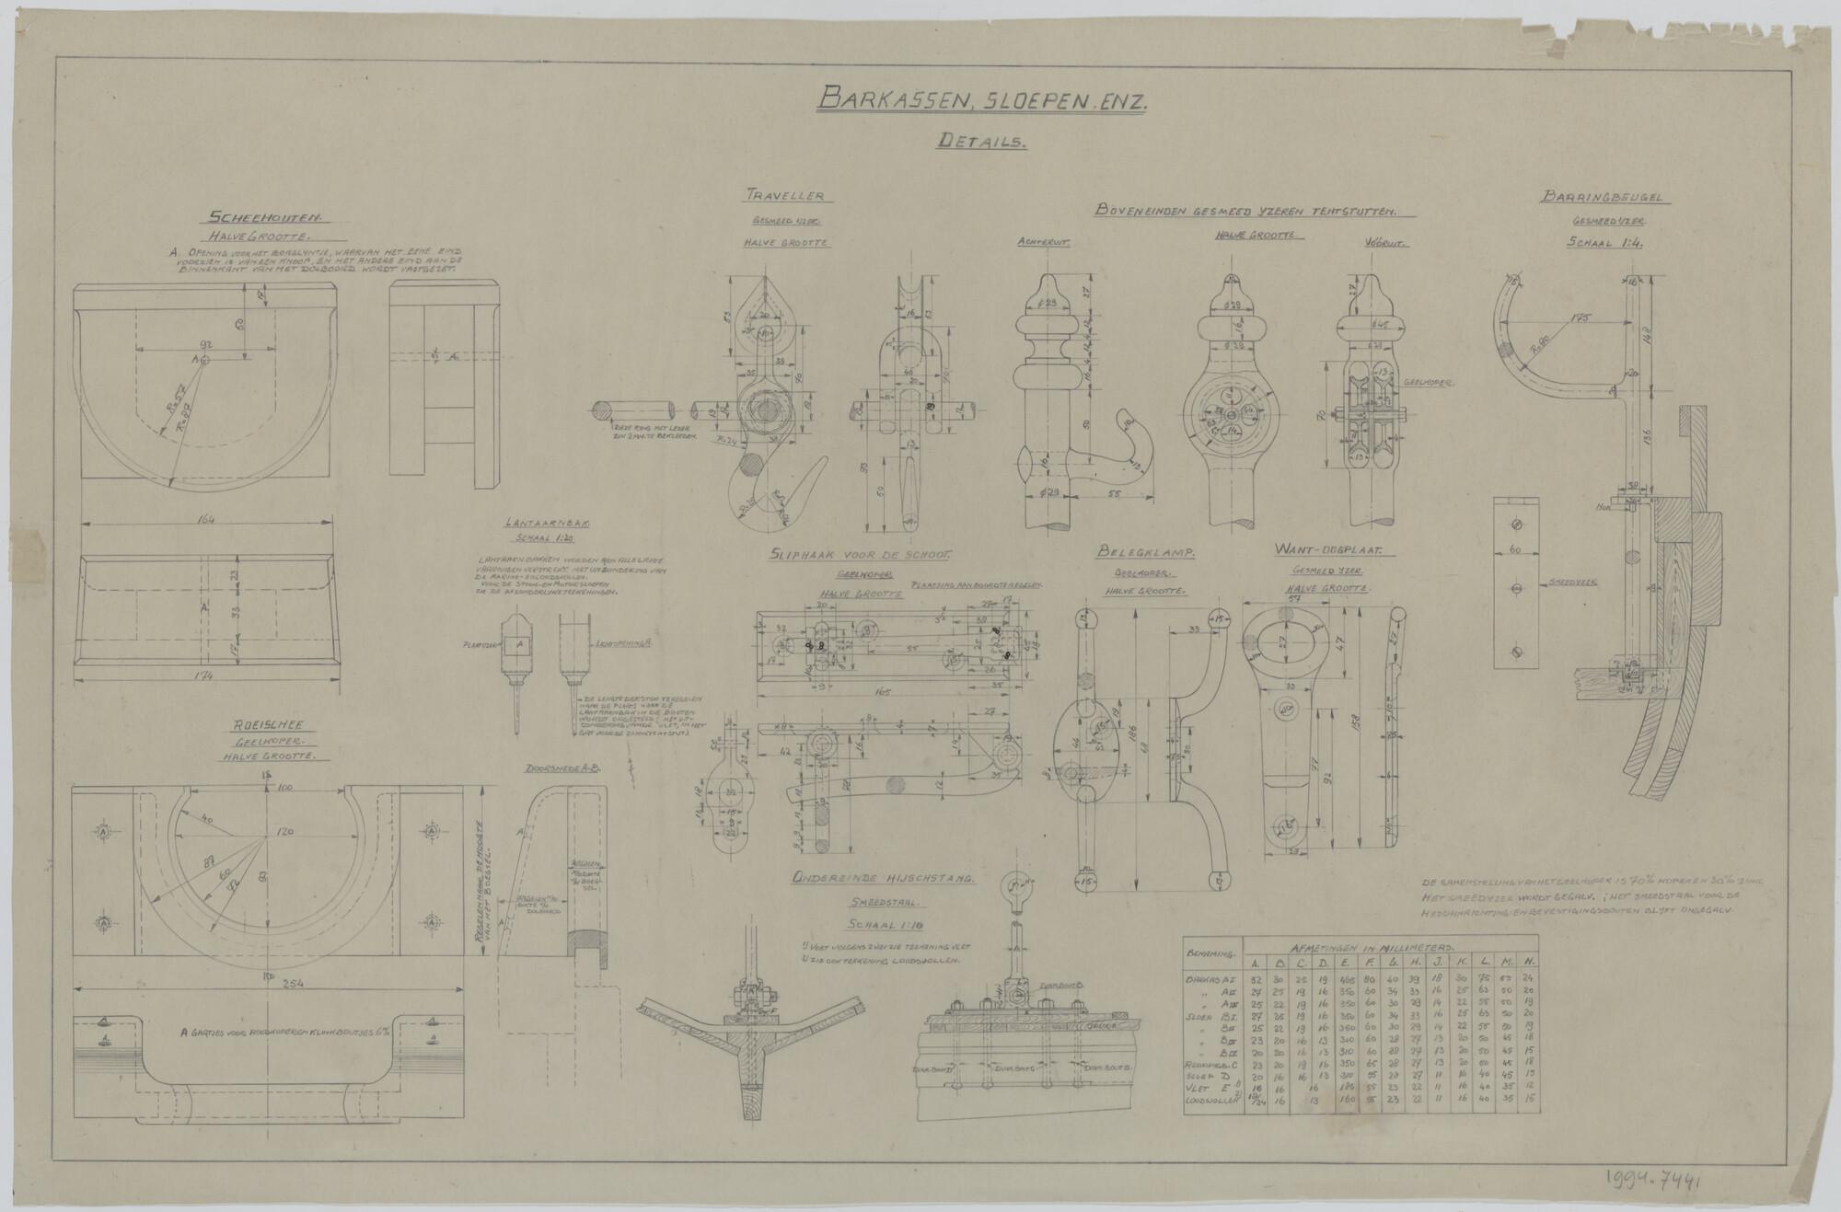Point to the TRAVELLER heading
pyautogui.click(x=785, y=196)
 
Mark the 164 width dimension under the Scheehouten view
pyautogui.click(x=206, y=521)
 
